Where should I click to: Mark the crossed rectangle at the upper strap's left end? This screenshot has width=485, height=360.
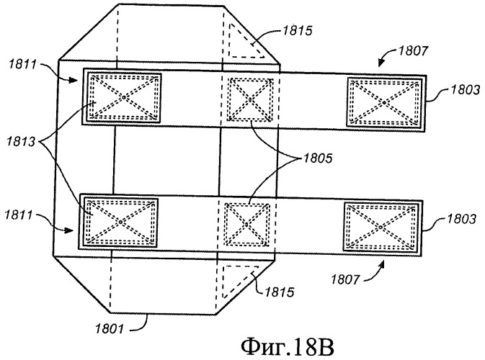(x=123, y=96)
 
